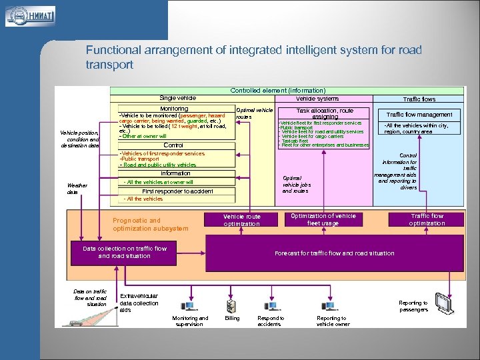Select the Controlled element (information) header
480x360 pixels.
[277, 90]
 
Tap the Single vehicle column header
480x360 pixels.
[177, 98]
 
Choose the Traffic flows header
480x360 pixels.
[419, 99]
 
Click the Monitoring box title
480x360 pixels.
[174, 109]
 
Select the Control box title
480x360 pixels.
[173, 145]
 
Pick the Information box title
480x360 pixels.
[175, 173]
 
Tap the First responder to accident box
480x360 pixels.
[177, 191]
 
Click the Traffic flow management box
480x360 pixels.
[419, 115]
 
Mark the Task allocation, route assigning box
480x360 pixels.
[325, 113]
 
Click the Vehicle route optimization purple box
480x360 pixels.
[242, 220]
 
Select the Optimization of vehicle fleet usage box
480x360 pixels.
[323, 219]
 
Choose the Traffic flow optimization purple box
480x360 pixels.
[427, 219]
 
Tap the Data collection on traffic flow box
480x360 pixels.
[125, 252]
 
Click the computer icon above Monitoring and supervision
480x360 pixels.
[189, 306]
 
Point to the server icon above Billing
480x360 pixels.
[231, 306]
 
